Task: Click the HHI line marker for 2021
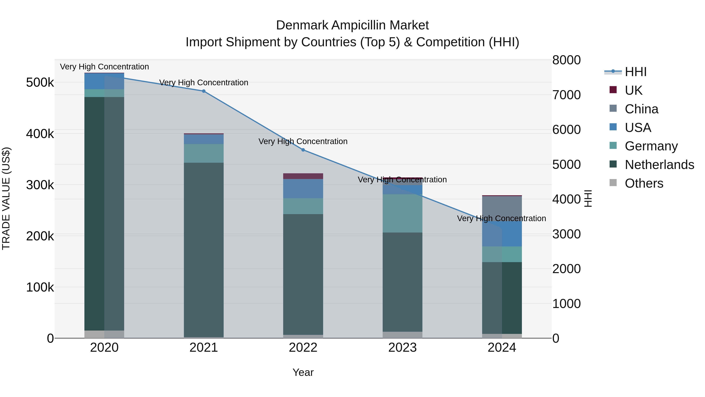[x=204, y=91]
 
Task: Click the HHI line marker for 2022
[x=303, y=150]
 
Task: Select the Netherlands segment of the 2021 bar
[x=204, y=249]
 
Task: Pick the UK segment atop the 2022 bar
[x=303, y=176]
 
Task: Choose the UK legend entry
[x=633, y=90]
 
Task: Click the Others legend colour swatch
[x=613, y=183]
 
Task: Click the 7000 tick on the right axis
[x=566, y=95]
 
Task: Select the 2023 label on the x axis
[x=402, y=348]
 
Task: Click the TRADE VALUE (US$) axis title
[x=6, y=198]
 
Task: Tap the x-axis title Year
[x=303, y=372]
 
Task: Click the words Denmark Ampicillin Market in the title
[x=352, y=25]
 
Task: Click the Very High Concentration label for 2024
[x=501, y=218]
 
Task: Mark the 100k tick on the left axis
[x=40, y=287]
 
